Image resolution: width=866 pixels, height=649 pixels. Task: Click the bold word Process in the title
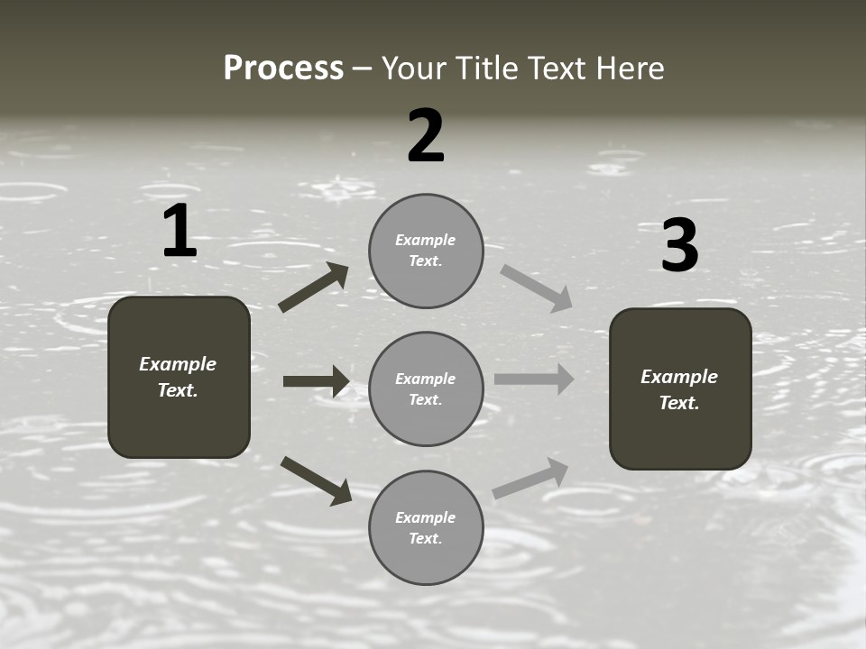(283, 69)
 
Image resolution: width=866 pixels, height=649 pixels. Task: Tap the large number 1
(180, 232)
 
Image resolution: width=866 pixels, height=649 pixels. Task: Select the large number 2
(426, 136)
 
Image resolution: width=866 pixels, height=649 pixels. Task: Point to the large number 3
(680, 246)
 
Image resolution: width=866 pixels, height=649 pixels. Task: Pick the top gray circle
(426, 251)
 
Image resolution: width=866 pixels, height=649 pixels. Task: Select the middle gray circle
(426, 389)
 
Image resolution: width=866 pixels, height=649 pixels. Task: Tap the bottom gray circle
(426, 528)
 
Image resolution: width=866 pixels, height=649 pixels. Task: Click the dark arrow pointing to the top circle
(314, 288)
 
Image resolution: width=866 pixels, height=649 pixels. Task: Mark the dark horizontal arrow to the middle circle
(316, 381)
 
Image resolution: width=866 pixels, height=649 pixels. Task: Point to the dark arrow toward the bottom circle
(316, 480)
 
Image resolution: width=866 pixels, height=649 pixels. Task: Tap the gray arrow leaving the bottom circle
(531, 479)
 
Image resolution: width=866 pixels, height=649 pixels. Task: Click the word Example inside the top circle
(426, 240)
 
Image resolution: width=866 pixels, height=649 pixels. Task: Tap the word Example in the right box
(679, 377)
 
